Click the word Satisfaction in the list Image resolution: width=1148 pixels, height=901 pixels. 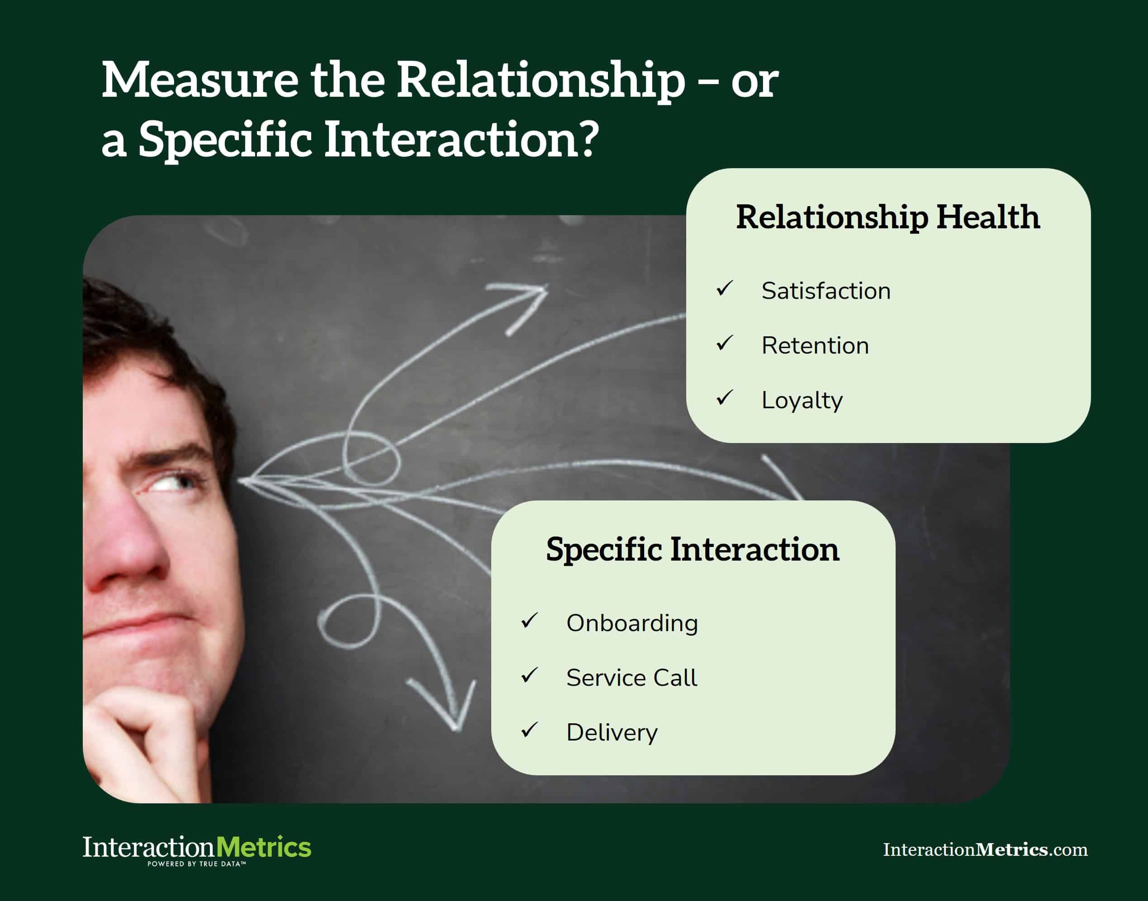point(825,291)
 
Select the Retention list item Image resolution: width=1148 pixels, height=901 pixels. point(815,346)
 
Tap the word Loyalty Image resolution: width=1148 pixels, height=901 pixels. point(801,401)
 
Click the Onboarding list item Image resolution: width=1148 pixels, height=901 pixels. point(632,623)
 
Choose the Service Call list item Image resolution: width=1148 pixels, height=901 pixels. point(631,678)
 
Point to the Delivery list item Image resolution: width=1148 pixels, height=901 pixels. point(612,733)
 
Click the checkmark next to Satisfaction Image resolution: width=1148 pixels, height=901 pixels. point(725,288)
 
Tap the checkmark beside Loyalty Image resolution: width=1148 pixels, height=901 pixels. point(725,398)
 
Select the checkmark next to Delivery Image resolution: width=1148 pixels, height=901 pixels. point(529,730)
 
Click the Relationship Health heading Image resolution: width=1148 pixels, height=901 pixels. point(888,217)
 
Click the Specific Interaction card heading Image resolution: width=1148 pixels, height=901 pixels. point(693,549)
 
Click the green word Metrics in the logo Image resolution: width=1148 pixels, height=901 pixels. point(263,847)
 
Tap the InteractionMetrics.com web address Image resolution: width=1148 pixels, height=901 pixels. point(985,849)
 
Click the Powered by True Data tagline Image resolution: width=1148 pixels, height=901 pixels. point(196,864)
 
